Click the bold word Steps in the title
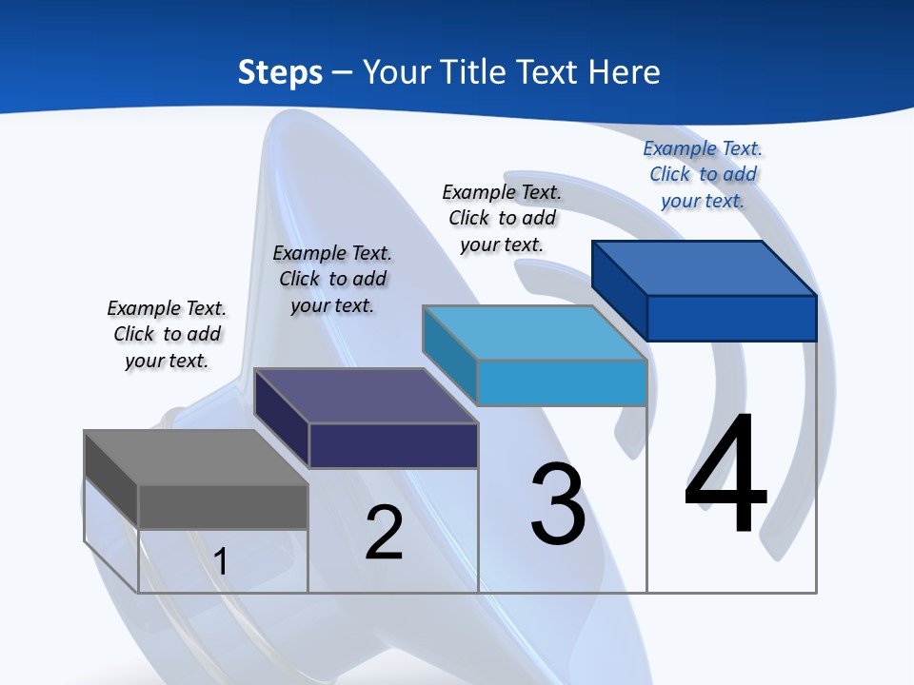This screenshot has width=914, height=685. tap(280, 72)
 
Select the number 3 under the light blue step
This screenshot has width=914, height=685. tap(558, 504)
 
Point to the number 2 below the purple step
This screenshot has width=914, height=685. tap(384, 533)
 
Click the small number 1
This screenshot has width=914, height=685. tap(221, 561)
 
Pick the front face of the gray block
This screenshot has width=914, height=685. tap(223, 506)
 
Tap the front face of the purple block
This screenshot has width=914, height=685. tap(392, 445)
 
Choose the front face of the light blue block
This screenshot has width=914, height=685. tap(562, 382)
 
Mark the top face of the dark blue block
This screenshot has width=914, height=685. tap(705, 267)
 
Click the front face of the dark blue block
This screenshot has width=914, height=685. tap(731, 318)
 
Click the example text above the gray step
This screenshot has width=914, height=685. tap(167, 334)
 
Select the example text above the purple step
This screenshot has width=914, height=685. tap(332, 279)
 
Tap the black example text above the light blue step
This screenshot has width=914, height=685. tap(502, 218)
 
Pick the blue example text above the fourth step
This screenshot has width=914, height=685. tap(703, 174)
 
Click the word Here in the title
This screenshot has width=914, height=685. tap(626, 72)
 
